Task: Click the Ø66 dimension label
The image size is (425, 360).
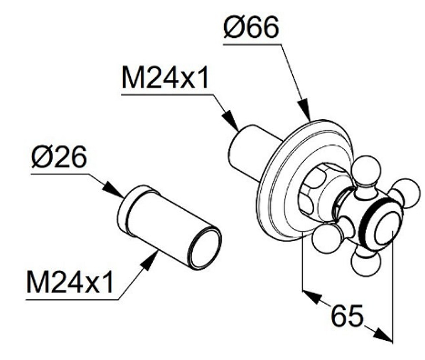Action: click(251, 27)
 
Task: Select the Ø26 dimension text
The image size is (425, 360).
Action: click(59, 156)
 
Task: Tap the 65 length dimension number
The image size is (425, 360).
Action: click(347, 315)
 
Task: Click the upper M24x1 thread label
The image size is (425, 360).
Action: click(165, 77)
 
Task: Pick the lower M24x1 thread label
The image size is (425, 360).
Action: click(70, 282)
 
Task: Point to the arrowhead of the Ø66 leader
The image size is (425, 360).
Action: click(304, 110)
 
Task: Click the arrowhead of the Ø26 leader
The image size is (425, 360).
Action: click(113, 190)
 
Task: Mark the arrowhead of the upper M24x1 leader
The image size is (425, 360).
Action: click(230, 120)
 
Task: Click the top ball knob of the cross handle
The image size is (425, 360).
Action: click(366, 170)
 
